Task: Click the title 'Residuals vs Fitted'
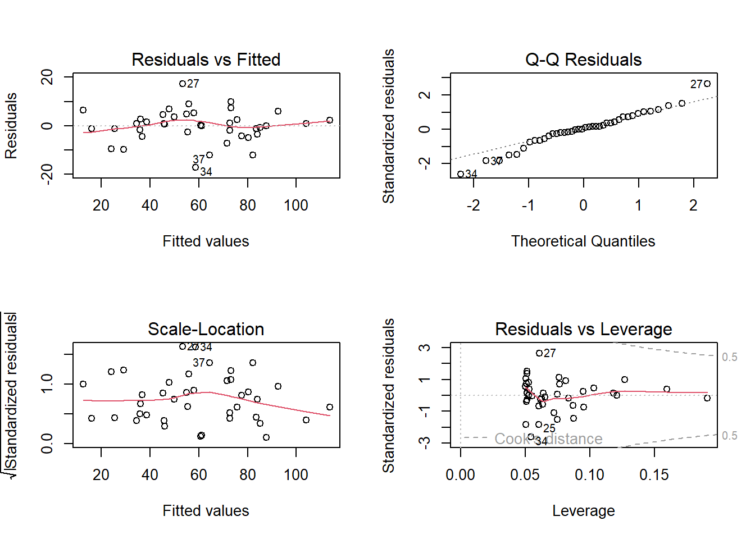pyautogui.click(x=206, y=60)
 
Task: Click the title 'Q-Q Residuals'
pyautogui.click(x=583, y=60)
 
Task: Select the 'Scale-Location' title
pyautogui.click(x=206, y=329)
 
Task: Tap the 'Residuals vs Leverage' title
pyautogui.click(x=583, y=329)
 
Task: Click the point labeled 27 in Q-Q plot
pyautogui.click(x=707, y=84)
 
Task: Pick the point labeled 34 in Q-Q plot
pyautogui.click(x=461, y=174)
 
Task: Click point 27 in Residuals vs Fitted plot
pyautogui.click(x=183, y=84)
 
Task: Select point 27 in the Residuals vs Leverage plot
pyautogui.click(x=539, y=353)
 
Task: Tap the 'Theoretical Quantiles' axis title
pyautogui.click(x=583, y=241)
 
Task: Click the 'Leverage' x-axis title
pyautogui.click(x=583, y=511)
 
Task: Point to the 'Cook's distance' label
pyautogui.click(x=548, y=439)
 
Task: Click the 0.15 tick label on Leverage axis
pyautogui.click(x=654, y=475)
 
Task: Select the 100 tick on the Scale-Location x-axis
pyautogui.click(x=296, y=475)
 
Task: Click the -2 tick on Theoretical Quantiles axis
pyautogui.click(x=474, y=205)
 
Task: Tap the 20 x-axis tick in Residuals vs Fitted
pyautogui.click(x=101, y=205)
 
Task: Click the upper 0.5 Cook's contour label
pyautogui.click(x=729, y=357)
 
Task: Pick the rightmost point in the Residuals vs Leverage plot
pyautogui.click(x=707, y=398)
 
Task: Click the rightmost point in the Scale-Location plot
pyautogui.click(x=330, y=407)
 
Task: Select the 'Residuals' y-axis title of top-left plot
pyautogui.click(x=11, y=126)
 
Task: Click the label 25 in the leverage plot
pyautogui.click(x=549, y=428)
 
